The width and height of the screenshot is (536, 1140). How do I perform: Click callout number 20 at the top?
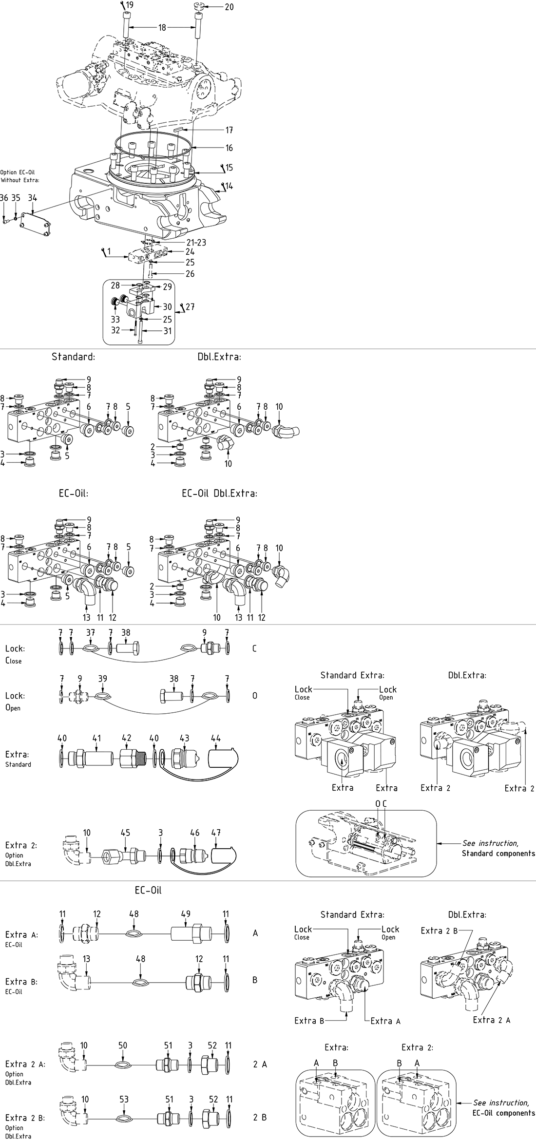pos(229,7)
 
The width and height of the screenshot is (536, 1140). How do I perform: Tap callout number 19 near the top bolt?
pos(129,5)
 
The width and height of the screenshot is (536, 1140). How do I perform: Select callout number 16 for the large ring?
pos(229,148)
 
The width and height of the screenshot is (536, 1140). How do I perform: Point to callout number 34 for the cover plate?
pos(32,198)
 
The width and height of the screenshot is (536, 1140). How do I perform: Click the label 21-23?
pos(196,243)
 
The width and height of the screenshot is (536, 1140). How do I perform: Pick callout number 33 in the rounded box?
pos(115,320)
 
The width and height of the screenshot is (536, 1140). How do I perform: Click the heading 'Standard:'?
pos(73,357)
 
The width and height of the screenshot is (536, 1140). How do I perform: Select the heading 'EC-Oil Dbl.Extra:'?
pos(219,493)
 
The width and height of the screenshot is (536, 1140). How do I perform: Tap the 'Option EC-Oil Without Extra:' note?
pos(19,176)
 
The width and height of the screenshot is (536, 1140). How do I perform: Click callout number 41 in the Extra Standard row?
pos(96,739)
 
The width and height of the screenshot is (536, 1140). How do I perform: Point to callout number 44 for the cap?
pos(215,739)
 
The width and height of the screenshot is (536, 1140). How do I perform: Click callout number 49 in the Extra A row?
pos(186,914)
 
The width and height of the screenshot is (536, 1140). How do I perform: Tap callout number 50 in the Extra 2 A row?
pos(123,1045)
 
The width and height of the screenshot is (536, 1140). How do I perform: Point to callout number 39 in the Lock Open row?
pos(102,679)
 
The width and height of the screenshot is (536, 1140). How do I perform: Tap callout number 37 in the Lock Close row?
pos(90,632)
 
